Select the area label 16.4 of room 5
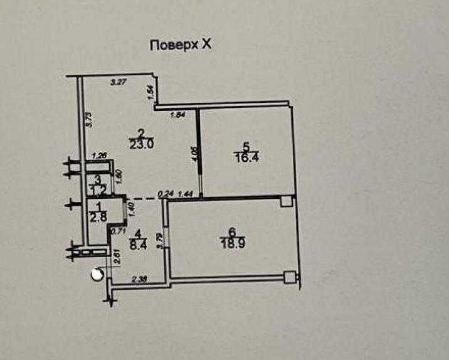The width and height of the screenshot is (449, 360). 246,158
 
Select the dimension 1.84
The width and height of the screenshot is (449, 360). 179,114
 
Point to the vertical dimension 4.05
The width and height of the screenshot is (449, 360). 194,154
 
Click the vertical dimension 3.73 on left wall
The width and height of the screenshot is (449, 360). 89,119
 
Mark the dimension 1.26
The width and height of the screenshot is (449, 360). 99,156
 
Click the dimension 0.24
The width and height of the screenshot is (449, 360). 166,194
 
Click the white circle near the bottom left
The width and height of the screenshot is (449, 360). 97,274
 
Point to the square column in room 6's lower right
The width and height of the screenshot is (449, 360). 288,276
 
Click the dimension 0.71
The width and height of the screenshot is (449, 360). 117,231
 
